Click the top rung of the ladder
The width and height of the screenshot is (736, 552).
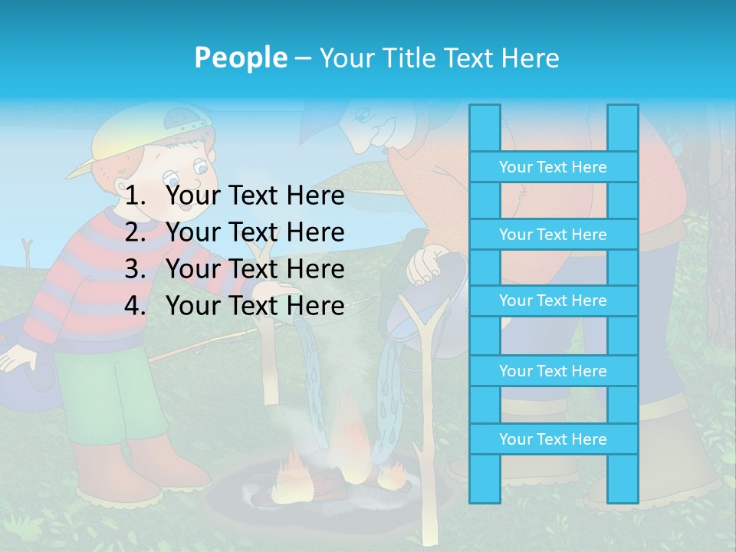tap(553, 167)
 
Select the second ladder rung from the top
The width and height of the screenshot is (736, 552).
tap(553, 235)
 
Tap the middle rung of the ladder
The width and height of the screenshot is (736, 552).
tap(553, 301)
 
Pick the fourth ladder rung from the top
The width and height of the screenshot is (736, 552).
tap(553, 371)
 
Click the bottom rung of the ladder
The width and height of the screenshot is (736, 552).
tap(553, 439)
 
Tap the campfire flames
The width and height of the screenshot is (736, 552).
tap(345, 437)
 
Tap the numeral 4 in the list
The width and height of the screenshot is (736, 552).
tap(134, 306)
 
